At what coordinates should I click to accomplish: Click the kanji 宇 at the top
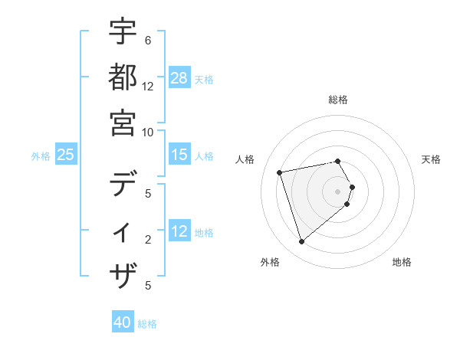pyautogui.click(x=123, y=31)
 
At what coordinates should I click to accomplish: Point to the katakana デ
pyautogui.click(x=123, y=185)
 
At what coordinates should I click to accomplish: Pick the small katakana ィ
pyautogui.click(x=123, y=231)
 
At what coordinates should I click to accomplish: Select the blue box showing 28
pyautogui.click(x=179, y=78)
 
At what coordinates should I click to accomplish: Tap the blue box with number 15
pyautogui.click(x=179, y=155)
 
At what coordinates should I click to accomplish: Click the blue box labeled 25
pyautogui.click(x=66, y=155)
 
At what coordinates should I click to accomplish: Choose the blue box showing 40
pyautogui.click(x=123, y=322)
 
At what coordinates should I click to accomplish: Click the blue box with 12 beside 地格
pyautogui.click(x=179, y=231)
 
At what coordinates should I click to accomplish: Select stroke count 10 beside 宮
pyautogui.click(x=148, y=132)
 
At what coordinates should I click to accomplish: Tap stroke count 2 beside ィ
pyautogui.click(x=148, y=240)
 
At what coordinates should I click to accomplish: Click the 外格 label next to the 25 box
pyautogui.click(x=41, y=156)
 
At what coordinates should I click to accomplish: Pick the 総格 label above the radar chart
pyautogui.click(x=338, y=100)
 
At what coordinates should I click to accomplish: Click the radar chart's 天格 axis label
pyautogui.click(x=431, y=159)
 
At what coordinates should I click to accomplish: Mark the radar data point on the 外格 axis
pyautogui.click(x=301, y=242)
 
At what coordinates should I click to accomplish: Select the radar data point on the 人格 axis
pyautogui.click(x=280, y=172)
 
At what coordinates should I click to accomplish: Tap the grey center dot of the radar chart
pyautogui.click(x=338, y=191)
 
